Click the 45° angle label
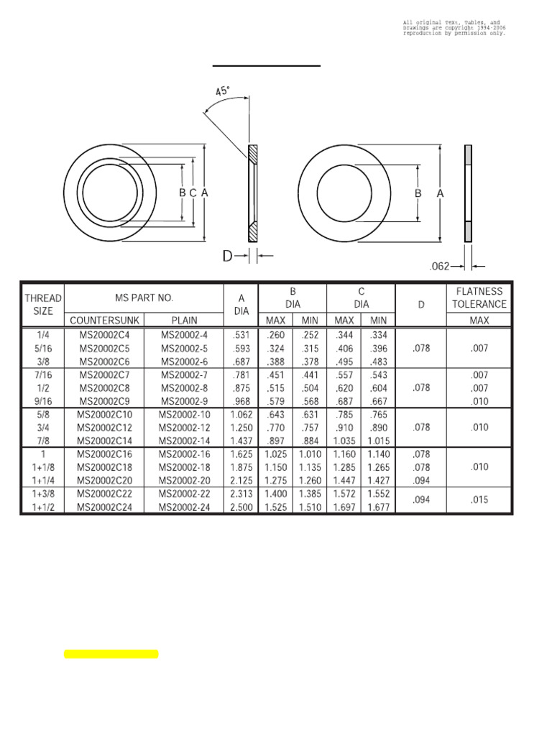click(223, 91)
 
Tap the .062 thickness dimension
click(439, 266)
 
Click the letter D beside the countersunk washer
click(227, 255)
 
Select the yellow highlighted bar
click(111, 654)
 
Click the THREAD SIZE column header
click(43, 305)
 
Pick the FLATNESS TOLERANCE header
click(479, 298)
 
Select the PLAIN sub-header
click(184, 321)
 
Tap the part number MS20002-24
click(185, 507)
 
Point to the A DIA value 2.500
click(241, 507)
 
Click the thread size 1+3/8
click(43, 494)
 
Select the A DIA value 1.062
click(241, 414)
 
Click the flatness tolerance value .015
click(479, 500)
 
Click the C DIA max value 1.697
click(344, 507)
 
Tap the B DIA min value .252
click(310, 335)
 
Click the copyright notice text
click(454, 28)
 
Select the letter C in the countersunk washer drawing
click(193, 193)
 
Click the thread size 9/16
click(43, 401)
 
